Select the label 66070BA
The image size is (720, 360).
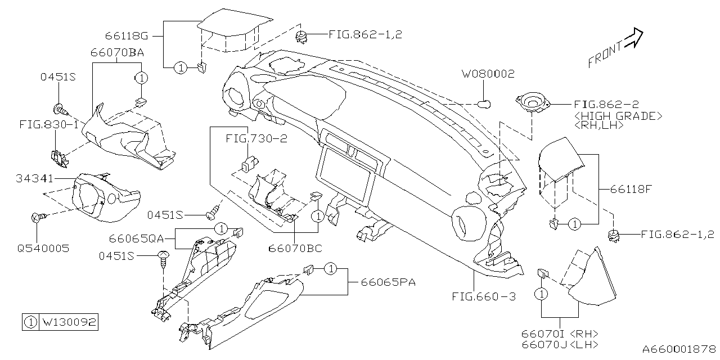pyautogui.click(x=117, y=53)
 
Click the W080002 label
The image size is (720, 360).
pyautogui.click(x=488, y=74)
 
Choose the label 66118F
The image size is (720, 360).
pyautogui.click(x=630, y=189)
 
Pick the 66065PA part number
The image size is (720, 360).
pyautogui.click(x=384, y=282)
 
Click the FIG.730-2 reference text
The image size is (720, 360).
pyautogui.click(x=256, y=138)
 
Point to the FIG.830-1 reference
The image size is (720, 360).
pyautogui.click(x=48, y=124)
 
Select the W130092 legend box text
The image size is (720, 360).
pyautogui.click(x=69, y=322)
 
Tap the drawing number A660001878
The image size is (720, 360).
pyautogui.click(x=680, y=349)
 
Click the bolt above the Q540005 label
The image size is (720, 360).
pyautogui.click(x=37, y=217)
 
